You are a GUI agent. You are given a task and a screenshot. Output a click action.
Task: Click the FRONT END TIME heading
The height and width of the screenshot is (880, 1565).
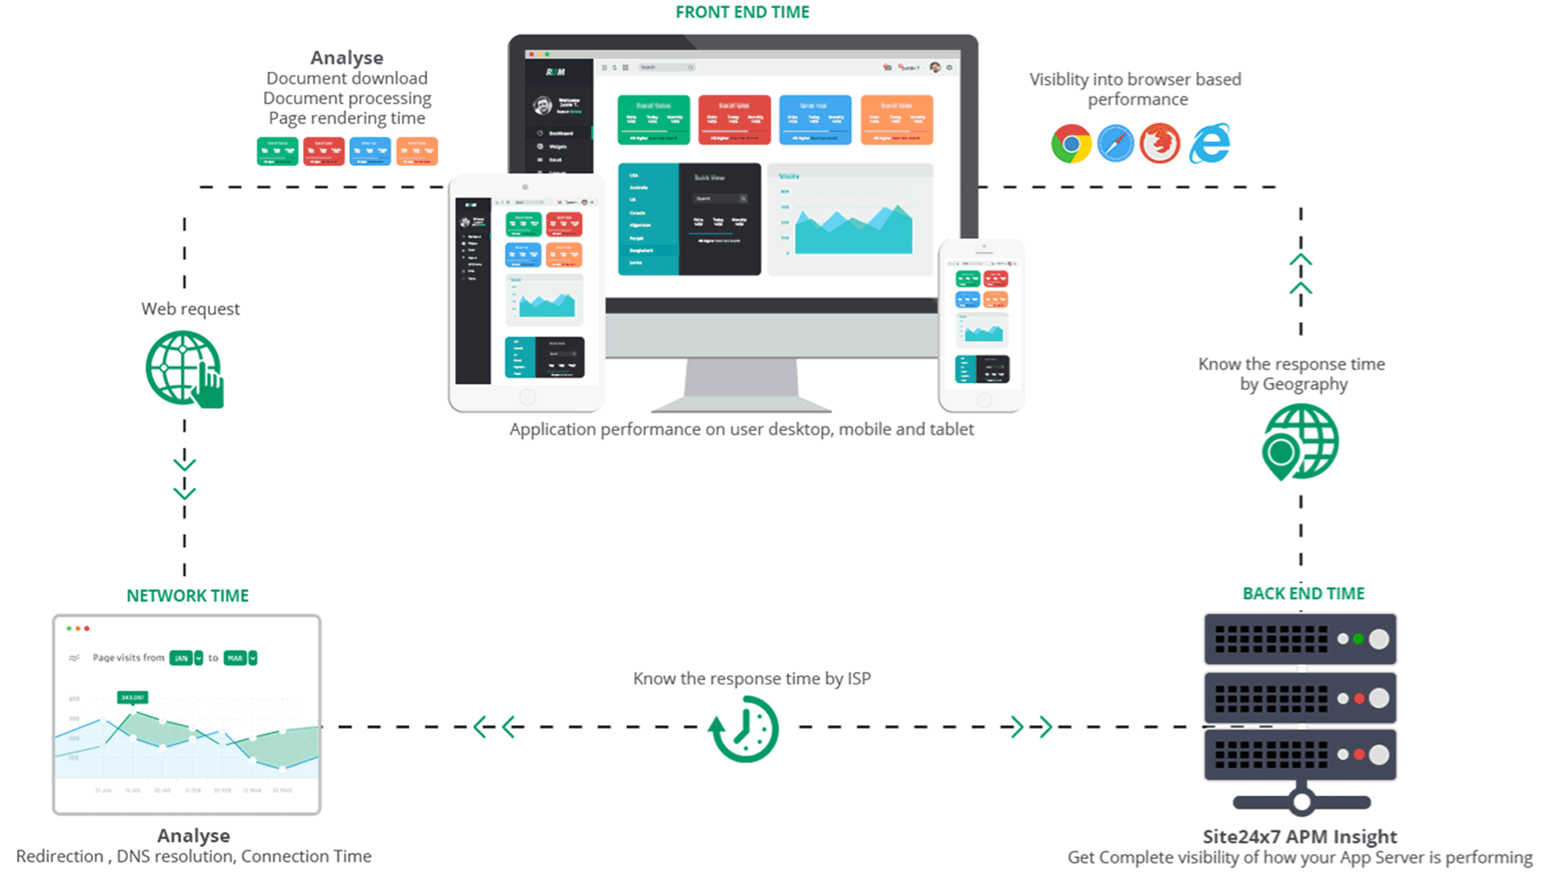click(742, 12)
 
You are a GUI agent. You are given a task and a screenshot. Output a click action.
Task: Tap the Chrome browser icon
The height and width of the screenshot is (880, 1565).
click(1070, 144)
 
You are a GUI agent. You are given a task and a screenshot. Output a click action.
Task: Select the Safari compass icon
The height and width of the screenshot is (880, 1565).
click(1115, 144)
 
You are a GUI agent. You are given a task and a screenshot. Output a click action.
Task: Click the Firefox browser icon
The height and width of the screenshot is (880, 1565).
click(1160, 144)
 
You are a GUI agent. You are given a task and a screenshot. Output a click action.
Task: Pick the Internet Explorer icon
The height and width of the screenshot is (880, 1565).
click(1210, 144)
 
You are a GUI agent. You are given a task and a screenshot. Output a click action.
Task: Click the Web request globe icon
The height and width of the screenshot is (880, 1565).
click(184, 369)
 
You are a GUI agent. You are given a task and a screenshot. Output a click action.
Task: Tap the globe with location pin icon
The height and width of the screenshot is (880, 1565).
click(1299, 443)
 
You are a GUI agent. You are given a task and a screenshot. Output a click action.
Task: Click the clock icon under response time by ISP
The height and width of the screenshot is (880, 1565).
click(743, 728)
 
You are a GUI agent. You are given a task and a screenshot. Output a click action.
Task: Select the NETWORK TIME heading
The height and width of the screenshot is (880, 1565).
click(187, 596)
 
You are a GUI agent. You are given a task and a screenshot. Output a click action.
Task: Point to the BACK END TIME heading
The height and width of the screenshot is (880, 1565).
click(1303, 594)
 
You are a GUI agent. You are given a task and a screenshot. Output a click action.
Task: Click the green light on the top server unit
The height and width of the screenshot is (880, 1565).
click(1358, 639)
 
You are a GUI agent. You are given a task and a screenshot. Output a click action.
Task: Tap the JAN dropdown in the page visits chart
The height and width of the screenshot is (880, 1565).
click(186, 658)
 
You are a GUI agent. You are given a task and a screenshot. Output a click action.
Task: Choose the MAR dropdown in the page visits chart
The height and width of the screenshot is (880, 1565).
click(240, 658)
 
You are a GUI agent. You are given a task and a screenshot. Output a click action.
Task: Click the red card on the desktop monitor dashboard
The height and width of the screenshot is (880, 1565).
click(734, 120)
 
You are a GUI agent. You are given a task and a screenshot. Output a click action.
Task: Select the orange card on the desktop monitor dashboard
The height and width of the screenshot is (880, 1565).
click(896, 120)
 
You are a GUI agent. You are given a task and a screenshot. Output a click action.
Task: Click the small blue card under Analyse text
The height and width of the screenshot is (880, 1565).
click(370, 152)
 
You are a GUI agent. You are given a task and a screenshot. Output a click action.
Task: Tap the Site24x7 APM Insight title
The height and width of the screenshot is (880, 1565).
click(1299, 837)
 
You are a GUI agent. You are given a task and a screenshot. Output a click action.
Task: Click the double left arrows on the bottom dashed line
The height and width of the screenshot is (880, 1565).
click(494, 727)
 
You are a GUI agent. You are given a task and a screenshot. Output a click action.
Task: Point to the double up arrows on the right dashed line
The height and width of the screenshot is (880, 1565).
click(1300, 274)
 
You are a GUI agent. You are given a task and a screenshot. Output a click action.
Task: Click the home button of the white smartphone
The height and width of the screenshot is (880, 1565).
click(984, 400)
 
